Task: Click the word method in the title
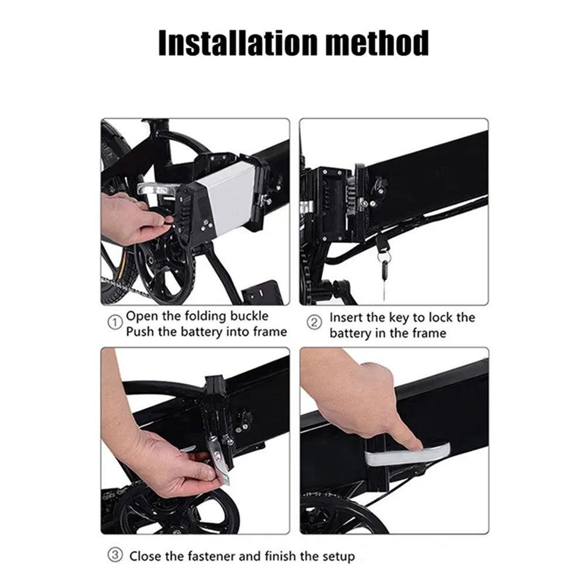coord(377,43)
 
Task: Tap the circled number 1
coord(115,322)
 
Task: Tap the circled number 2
coord(314,322)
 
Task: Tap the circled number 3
coord(115,555)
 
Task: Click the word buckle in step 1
coord(249,316)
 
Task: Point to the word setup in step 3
coord(338,557)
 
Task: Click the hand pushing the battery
coord(135,218)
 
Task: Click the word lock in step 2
coord(441,318)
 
